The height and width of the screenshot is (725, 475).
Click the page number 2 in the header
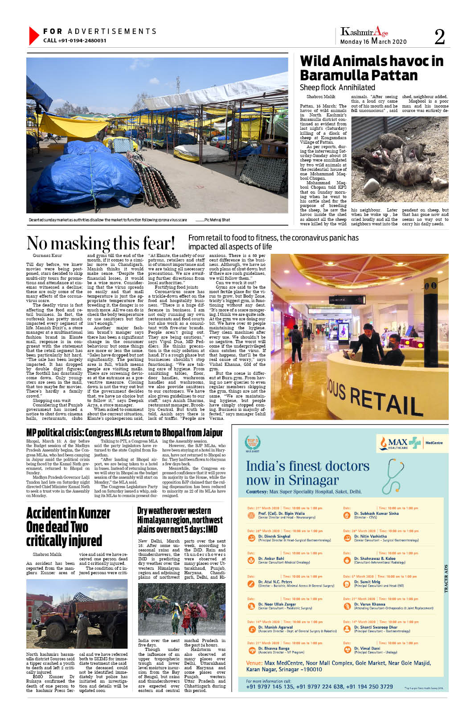click(x=439, y=37)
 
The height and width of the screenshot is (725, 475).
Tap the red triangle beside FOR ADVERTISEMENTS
click(x=33, y=36)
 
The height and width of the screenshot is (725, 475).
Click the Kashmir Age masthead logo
click(x=364, y=32)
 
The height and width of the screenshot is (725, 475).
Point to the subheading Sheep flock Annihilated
click(x=337, y=87)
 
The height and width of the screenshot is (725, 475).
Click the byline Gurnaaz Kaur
click(x=47, y=256)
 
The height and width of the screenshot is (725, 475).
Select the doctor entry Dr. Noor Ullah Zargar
click(x=277, y=604)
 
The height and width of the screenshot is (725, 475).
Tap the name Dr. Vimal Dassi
click(x=367, y=648)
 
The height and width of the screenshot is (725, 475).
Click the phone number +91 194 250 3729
click(x=368, y=687)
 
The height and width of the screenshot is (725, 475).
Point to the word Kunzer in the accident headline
click(x=90, y=513)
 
